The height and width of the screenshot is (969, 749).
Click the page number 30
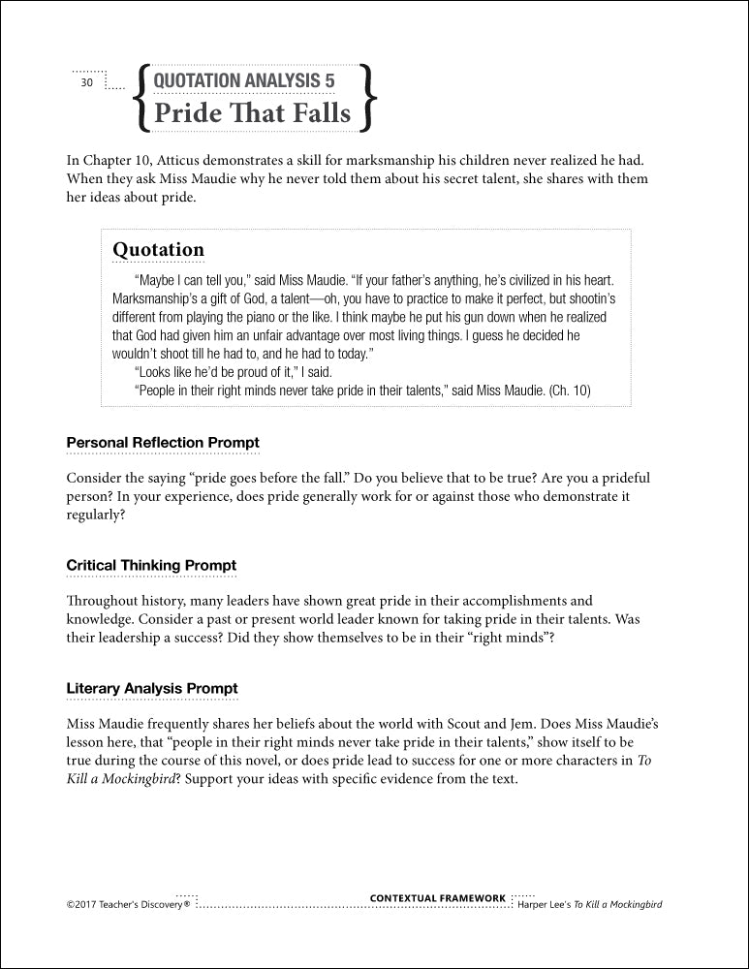[x=86, y=83]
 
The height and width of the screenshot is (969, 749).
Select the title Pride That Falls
[x=252, y=112]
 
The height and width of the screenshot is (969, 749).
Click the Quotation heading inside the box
[x=158, y=250]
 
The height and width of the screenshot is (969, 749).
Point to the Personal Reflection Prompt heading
[x=163, y=443]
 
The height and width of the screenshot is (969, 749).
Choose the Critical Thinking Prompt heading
[x=151, y=565]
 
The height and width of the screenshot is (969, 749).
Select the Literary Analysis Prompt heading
[x=152, y=688]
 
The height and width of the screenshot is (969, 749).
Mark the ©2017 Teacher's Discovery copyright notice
[x=128, y=904]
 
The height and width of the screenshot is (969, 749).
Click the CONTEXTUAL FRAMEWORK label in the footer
[x=438, y=898]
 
